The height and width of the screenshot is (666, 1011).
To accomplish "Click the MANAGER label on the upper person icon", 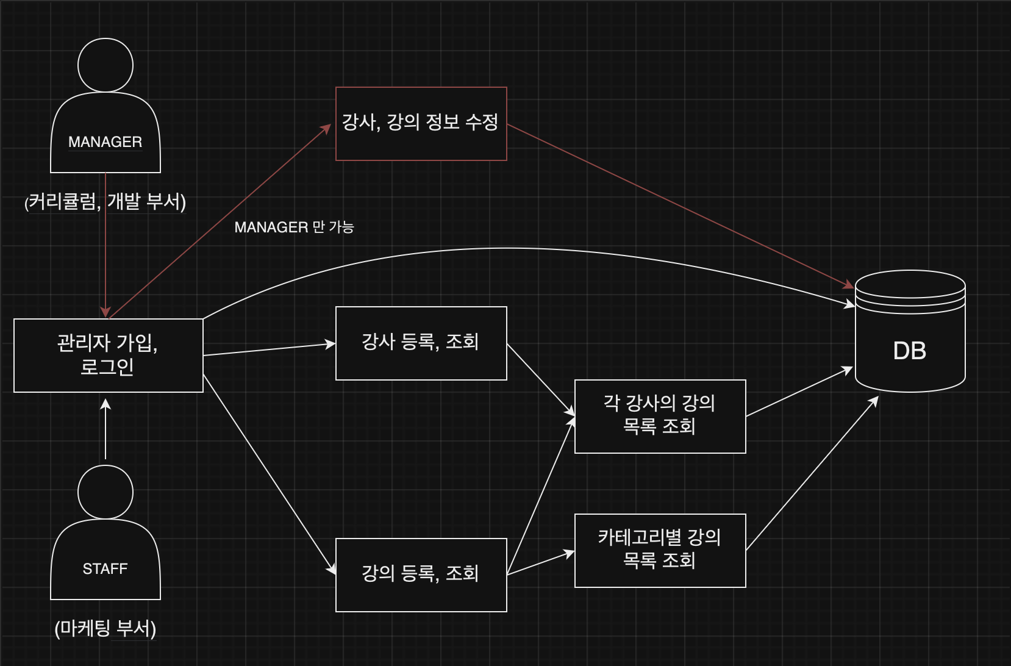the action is [105, 141].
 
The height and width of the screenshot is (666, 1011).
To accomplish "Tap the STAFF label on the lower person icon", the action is [105, 568].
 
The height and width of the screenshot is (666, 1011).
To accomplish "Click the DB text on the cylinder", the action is [909, 351].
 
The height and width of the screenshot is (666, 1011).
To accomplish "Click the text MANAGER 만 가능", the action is [294, 227].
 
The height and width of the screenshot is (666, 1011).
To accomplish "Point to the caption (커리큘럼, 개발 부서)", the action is [105, 201].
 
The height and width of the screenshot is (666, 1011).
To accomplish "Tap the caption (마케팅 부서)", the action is [105, 628].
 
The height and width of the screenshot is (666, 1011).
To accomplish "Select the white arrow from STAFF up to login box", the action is [105, 429].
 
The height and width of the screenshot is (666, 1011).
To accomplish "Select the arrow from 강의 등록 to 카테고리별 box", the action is [541, 562].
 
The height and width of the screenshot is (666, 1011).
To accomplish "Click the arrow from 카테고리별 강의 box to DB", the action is [812, 473].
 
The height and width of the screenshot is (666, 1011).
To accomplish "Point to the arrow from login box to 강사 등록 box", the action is [270, 349].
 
